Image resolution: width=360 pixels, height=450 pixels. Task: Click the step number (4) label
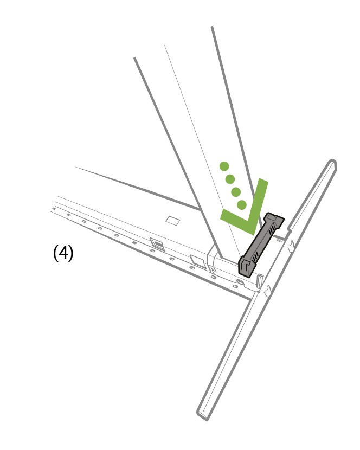(63, 253)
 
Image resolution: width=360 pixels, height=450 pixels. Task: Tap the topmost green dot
(224, 166)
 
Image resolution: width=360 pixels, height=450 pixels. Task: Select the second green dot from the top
(230, 179)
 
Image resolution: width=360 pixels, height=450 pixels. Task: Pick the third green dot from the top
(236, 192)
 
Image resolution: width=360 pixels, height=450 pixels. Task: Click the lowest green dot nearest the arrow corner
(242, 204)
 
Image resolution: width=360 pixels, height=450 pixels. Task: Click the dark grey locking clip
(261, 245)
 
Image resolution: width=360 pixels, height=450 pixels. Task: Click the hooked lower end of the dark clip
(246, 267)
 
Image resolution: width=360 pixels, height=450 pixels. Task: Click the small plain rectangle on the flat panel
(173, 221)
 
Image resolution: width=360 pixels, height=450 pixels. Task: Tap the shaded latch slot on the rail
(158, 245)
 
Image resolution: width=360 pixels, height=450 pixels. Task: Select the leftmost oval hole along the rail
(53, 209)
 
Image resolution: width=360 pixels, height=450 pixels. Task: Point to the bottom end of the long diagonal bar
(203, 416)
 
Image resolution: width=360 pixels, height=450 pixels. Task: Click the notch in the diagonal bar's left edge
(290, 230)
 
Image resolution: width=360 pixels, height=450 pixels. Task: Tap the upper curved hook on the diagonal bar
(291, 246)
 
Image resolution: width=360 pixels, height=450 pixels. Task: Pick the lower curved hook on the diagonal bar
(267, 291)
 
